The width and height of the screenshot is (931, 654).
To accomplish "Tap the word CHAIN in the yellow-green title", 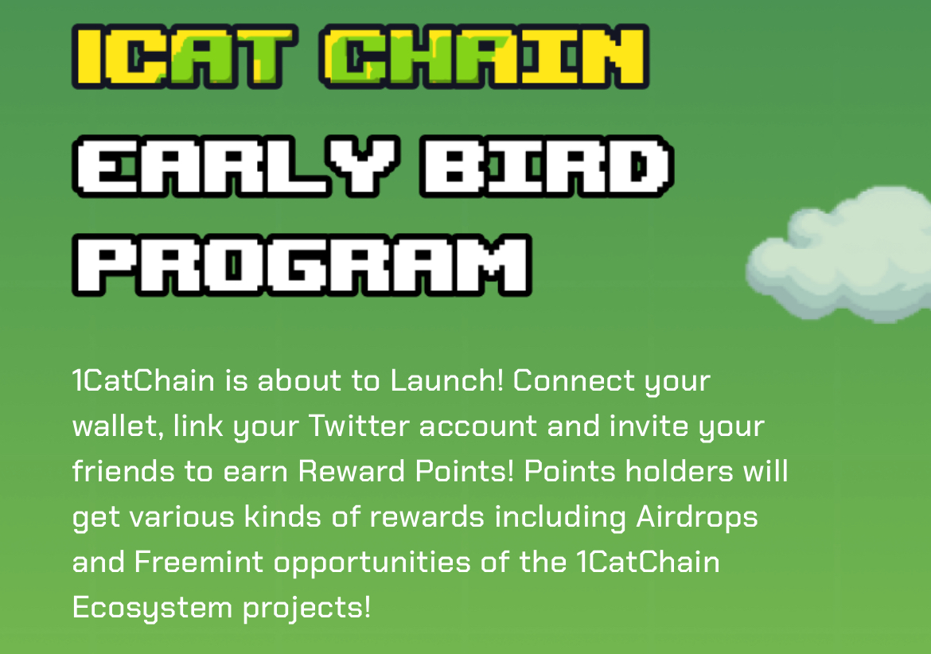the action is pyautogui.click(x=484, y=56).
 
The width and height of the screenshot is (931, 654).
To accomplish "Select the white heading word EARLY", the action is pyautogui.click(x=236, y=166).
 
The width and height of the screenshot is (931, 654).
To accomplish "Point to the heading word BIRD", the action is pyautogui.click(x=547, y=166).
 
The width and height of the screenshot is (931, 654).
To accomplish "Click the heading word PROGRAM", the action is pyautogui.click(x=302, y=265).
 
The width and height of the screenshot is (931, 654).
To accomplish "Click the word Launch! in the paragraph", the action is pyautogui.click(x=447, y=380).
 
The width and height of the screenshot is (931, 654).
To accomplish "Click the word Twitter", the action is pyautogui.click(x=359, y=426).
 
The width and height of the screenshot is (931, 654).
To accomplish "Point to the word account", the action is pyautogui.click(x=478, y=427).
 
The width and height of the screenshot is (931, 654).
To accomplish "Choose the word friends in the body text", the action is pyautogui.click(x=123, y=471).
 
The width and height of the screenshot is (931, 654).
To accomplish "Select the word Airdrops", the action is pyautogui.click(x=697, y=517).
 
